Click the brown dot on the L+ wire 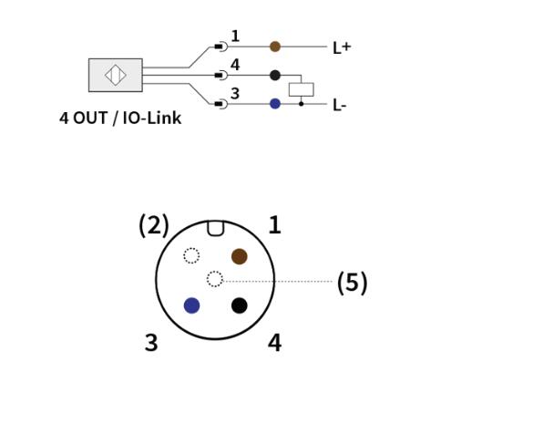275,47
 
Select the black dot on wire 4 275,75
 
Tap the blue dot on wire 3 275,104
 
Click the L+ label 342,47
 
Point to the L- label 340,105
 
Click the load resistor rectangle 302,89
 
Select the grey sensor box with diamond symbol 116,75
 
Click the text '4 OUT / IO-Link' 120,118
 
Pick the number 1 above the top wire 235,36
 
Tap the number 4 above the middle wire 235,65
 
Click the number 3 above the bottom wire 235,93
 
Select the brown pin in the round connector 240,256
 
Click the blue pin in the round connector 191,305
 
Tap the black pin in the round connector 240,305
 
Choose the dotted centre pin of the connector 215,279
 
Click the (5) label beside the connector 353,283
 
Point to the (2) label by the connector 154,225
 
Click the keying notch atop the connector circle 216,228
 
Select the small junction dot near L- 302,104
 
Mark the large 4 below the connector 274,343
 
